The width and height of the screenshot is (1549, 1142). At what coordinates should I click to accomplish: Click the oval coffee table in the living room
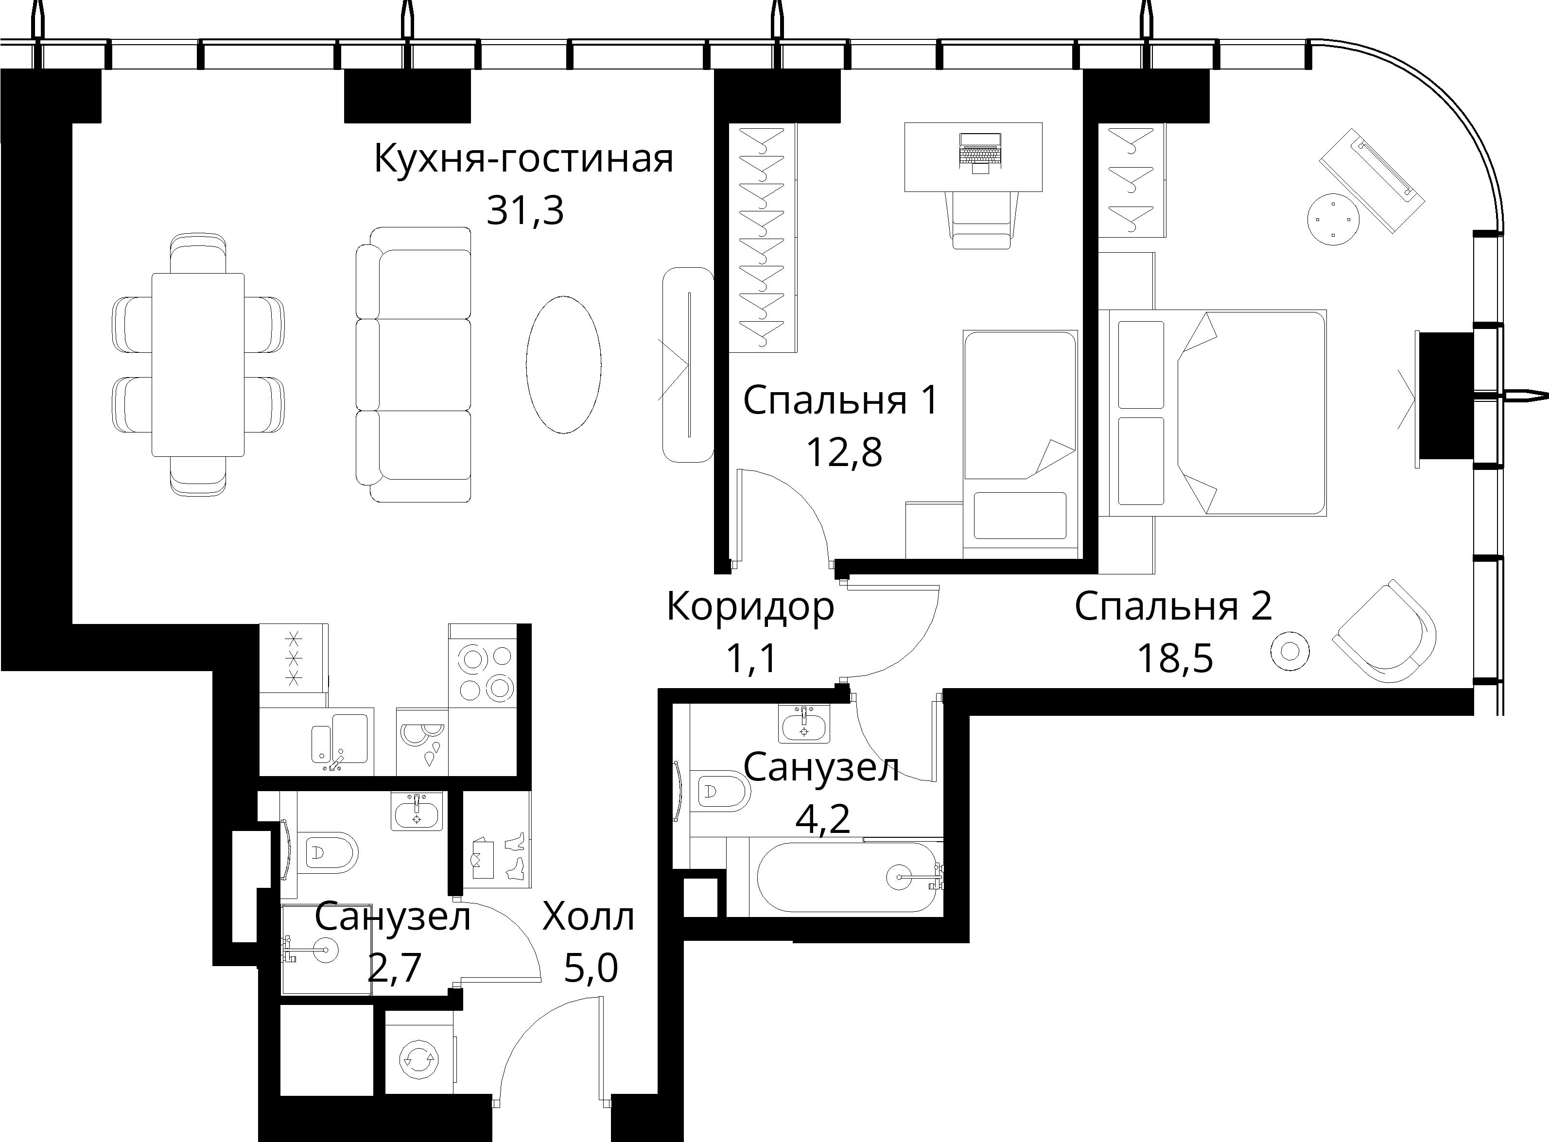(x=563, y=364)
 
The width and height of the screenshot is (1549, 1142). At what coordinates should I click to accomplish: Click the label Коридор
(x=750, y=606)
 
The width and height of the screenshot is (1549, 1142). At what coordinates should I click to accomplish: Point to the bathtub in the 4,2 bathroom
(x=848, y=877)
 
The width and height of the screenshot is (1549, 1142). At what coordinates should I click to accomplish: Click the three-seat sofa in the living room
(x=413, y=364)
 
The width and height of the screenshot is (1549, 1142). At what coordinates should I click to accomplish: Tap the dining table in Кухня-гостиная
(x=198, y=364)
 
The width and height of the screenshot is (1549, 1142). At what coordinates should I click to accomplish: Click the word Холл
(x=588, y=917)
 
